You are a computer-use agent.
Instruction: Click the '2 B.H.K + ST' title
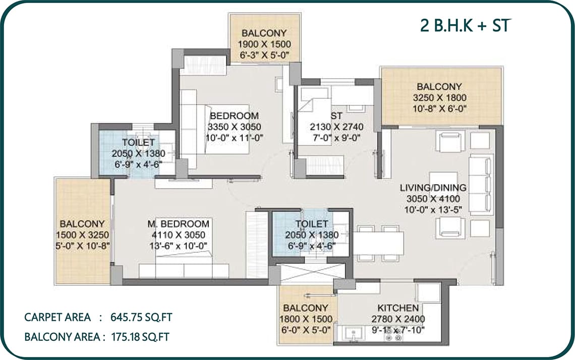[466, 25]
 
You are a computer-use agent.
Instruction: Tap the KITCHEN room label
[398, 308]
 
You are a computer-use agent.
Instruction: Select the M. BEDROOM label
[178, 224]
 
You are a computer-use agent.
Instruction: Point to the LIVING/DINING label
[433, 188]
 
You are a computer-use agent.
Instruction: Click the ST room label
[336, 116]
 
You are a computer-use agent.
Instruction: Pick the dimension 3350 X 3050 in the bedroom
[235, 127]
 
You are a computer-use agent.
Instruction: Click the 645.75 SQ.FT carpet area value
[141, 317]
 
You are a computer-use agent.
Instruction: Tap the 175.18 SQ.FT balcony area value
[140, 337]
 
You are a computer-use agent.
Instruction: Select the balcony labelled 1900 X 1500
[264, 38]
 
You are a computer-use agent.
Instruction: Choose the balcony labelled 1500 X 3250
[83, 231]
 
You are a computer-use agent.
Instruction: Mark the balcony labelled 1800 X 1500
[306, 315]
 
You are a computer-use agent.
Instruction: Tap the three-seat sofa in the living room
[481, 185]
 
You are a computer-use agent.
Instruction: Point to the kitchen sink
[354, 334]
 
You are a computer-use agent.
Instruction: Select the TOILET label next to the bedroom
[139, 142]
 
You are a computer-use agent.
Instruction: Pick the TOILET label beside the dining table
[312, 224]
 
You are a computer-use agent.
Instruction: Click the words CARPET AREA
[57, 317]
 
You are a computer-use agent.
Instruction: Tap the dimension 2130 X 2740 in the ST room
[336, 127]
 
